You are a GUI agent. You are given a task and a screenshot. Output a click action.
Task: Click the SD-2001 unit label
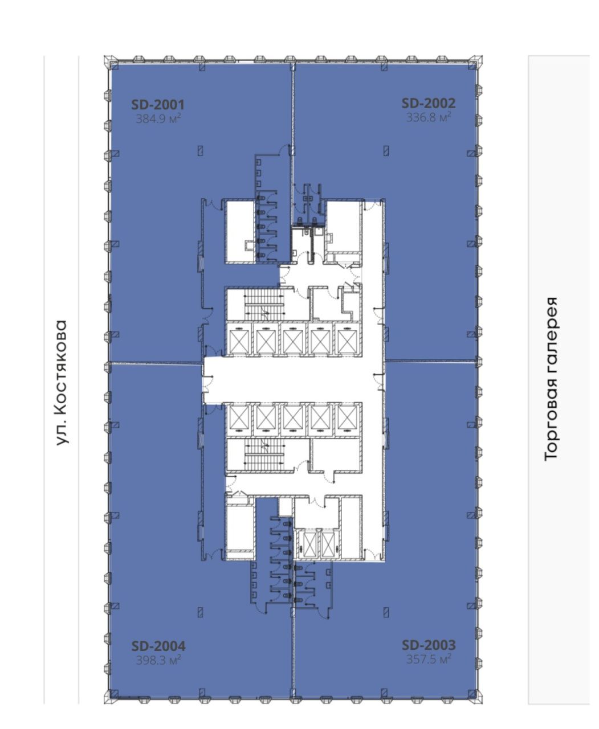pos(158,105)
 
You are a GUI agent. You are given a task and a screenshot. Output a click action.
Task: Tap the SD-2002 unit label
pos(429,103)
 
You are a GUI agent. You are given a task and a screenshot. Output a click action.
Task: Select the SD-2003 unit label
pos(429,645)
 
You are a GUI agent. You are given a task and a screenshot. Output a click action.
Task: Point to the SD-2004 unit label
pos(158,646)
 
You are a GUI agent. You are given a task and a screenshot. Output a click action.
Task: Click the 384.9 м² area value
pos(158,118)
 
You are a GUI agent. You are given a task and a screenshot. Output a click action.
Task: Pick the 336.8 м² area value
pos(429,117)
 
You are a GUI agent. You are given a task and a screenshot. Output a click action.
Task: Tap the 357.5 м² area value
pos(429,659)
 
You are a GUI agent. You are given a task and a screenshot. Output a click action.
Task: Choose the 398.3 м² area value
pos(158,660)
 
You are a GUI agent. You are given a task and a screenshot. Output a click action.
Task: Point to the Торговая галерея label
pos(551,379)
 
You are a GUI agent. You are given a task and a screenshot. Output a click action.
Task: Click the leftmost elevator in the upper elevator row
pos(239,339)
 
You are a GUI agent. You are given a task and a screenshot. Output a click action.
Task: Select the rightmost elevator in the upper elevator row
pos(348,339)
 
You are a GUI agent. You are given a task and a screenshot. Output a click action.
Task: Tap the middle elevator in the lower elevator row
pos(294,419)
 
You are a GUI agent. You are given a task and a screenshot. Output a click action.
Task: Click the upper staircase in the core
pos(264,304)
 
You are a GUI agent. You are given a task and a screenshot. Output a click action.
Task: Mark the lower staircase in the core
pos(264,454)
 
